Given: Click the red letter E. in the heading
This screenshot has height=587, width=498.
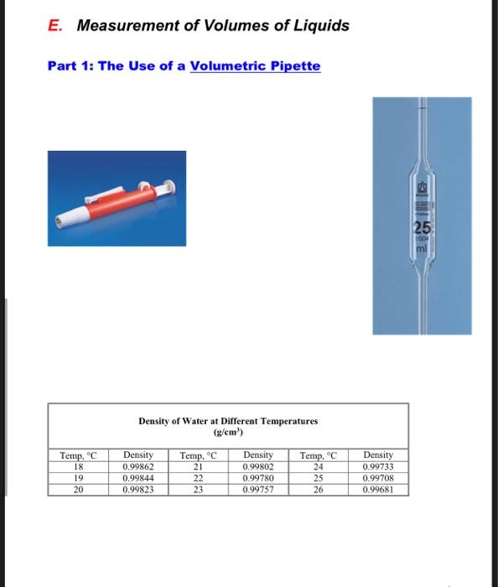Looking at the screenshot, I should coord(54,25).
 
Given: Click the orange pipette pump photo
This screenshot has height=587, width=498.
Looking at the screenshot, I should coord(116,197).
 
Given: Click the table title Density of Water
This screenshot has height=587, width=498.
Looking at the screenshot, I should coord(228,421).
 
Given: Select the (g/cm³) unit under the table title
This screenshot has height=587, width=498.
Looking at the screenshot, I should coord(228,433).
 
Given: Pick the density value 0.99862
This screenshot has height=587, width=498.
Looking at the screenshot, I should coord(138,466).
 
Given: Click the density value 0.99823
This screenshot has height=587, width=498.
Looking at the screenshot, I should coord(138,489).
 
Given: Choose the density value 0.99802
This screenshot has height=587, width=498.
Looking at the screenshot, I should coord(257,466).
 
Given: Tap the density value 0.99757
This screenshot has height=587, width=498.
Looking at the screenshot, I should coord(257,489).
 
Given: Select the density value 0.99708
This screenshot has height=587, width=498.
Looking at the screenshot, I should coord(379,478).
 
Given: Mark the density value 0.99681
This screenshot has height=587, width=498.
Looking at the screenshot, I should coord(379,489).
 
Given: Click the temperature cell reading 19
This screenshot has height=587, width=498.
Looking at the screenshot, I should coord(79,478).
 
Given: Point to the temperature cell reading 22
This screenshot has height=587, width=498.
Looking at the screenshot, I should coord(198,478).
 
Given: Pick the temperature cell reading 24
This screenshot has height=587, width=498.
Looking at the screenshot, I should coord(318,466).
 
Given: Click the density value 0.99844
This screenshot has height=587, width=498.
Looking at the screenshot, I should coord(138,478).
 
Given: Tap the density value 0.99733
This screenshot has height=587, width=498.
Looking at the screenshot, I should coord(379,466).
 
